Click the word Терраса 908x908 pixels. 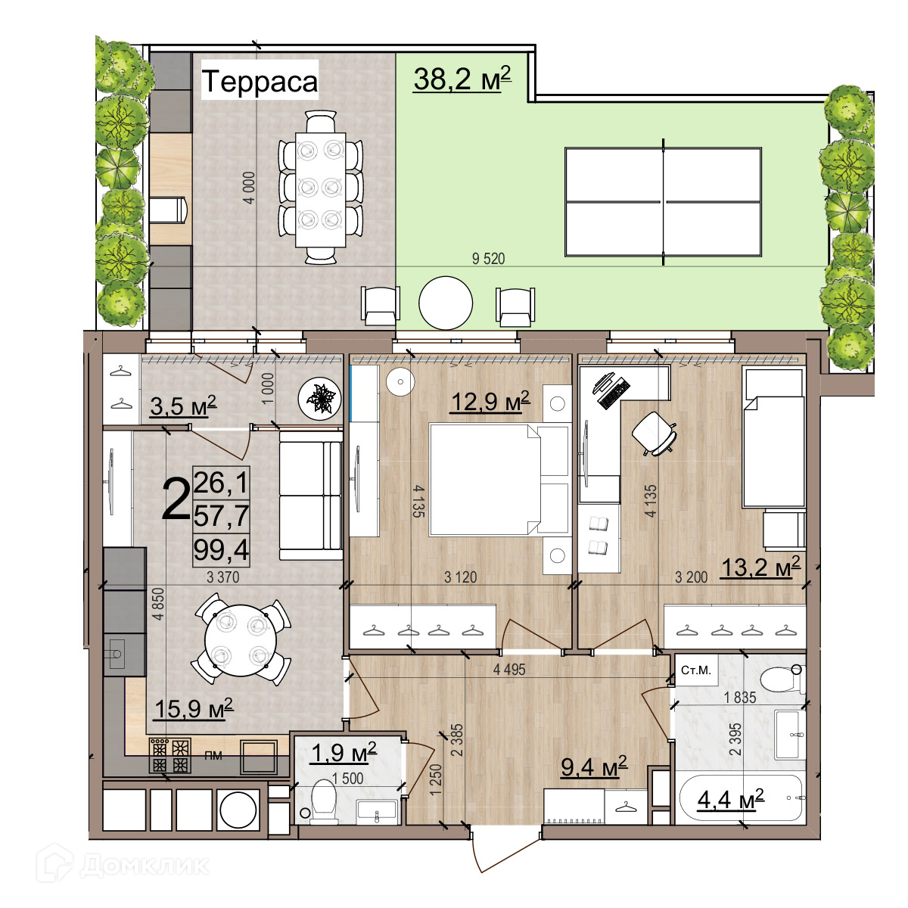260,81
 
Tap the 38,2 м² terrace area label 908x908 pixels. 462,79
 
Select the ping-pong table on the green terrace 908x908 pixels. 663,202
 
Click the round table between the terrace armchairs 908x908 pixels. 445,303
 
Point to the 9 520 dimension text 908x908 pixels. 488,259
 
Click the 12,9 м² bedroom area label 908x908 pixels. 490,401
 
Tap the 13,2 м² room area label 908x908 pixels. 760,567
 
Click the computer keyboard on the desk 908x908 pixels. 614,394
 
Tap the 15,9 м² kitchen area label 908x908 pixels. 193,708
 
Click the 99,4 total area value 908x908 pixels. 221,549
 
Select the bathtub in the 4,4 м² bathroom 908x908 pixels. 740,798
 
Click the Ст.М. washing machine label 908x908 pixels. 696,670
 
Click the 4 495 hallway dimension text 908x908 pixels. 509,669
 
